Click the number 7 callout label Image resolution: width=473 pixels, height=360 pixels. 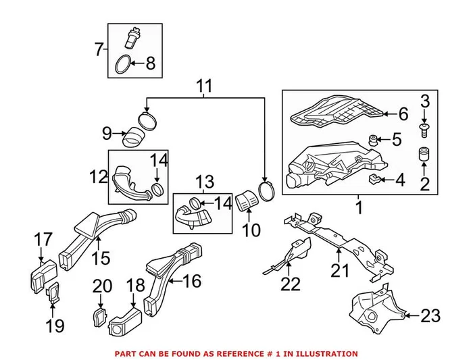click(x=99, y=49)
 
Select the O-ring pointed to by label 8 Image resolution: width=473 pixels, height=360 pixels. click(x=121, y=64)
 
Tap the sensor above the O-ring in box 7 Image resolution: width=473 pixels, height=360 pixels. click(x=132, y=37)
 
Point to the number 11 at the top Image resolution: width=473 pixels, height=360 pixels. click(x=204, y=86)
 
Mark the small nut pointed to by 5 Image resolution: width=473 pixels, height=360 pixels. click(x=372, y=140)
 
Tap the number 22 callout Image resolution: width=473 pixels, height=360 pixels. click(x=291, y=284)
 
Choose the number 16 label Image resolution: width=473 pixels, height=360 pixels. click(x=192, y=280)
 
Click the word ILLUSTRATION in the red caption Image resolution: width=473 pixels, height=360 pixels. click(x=324, y=353)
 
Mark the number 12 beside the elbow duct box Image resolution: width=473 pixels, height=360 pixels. click(x=98, y=177)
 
